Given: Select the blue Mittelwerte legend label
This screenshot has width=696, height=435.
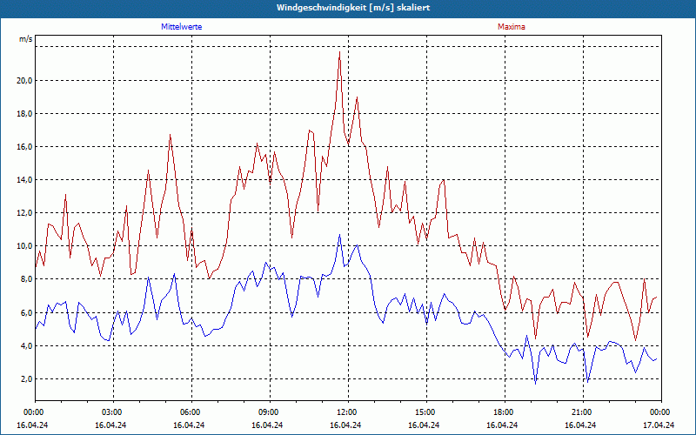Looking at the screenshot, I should coord(182,27).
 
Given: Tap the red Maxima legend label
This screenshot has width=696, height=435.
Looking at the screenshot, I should coord(511,27).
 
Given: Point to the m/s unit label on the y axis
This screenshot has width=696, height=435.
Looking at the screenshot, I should coord(25,40).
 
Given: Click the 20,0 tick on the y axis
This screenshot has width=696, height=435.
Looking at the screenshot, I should coord(24,81).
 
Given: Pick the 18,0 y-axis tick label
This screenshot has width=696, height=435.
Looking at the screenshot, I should coord(24,114).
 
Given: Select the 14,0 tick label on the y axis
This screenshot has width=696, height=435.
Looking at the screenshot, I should coord(24,180).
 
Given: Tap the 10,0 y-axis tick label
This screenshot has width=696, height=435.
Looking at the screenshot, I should coord(24,246).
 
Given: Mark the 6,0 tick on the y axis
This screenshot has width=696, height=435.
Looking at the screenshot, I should coord(26,312).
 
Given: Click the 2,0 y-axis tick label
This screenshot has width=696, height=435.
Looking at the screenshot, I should coord(26,379).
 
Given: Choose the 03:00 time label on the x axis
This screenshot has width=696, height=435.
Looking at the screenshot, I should coord(112,412).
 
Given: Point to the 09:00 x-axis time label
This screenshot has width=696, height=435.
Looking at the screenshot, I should coord(269,412).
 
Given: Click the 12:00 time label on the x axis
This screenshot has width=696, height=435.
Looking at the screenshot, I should coord(347,412).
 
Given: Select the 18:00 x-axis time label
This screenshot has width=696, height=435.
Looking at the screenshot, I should coord(504,412).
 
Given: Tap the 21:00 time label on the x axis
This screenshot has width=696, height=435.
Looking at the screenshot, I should coord(582,412).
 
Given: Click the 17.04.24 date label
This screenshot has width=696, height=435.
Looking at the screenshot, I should coord(659,425).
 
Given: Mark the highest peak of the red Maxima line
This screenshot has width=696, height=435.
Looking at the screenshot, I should coord(339,52).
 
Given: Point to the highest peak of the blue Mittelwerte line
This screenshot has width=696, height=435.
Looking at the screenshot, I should coord(339,234).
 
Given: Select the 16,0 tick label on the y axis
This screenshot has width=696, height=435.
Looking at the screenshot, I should coord(24,147).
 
